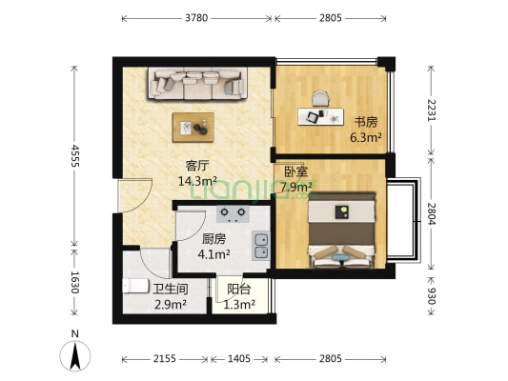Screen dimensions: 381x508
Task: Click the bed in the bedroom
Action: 342,229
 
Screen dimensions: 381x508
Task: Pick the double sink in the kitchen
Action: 261,246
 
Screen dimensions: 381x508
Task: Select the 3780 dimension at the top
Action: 196,17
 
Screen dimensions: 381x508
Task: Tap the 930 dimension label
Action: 431,296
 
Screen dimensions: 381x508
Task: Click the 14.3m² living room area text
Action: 198,179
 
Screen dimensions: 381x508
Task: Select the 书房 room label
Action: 366,122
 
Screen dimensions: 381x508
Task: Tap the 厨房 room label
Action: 214,239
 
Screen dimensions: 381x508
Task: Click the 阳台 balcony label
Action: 239,290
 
